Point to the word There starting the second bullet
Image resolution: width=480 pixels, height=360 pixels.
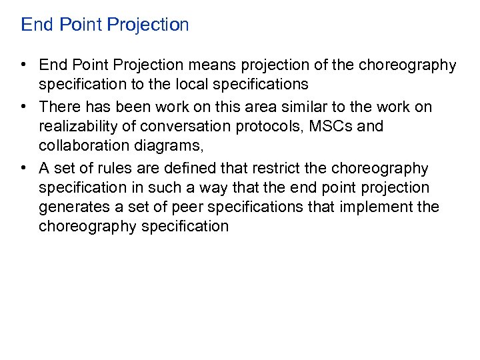coord(59,107)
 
